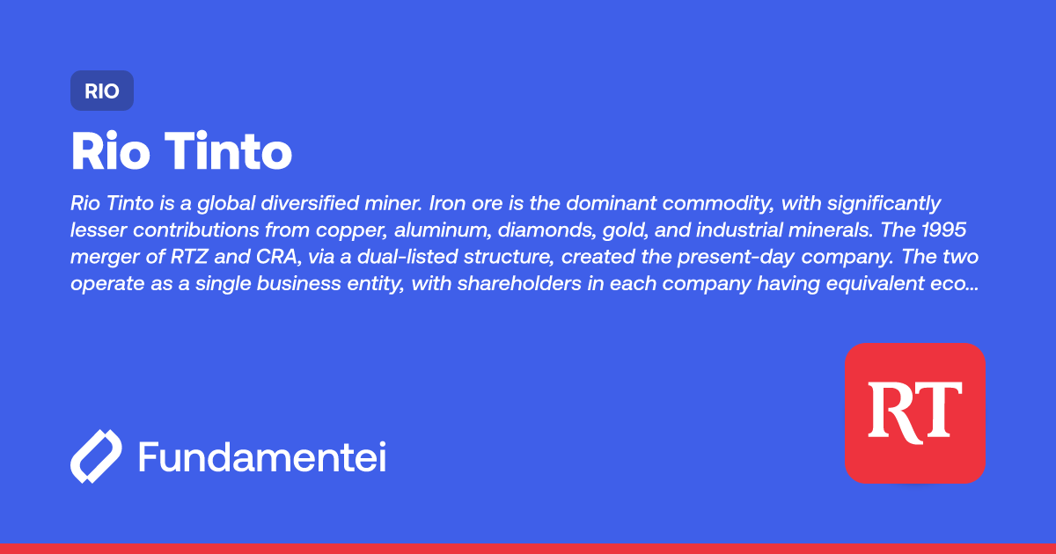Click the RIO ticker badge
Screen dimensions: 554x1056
click(102, 91)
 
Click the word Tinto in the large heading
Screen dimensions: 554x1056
click(229, 152)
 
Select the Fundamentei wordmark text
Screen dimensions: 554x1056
click(262, 456)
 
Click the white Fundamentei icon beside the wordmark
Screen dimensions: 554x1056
click(96, 456)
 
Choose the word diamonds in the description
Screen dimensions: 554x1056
click(538, 231)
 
